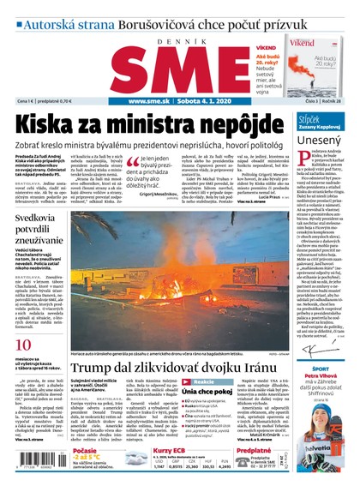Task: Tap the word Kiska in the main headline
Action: pyautogui.click(x=46, y=123)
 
